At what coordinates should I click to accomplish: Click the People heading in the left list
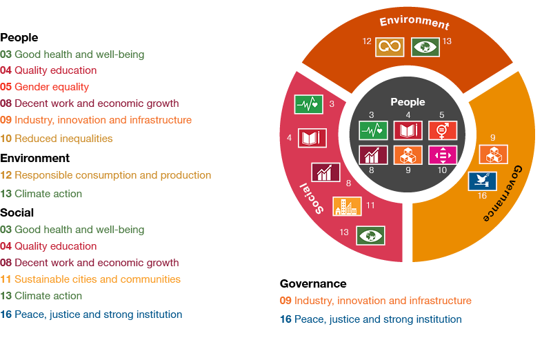coord(19,38)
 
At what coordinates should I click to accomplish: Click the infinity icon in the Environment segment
coord(390,47)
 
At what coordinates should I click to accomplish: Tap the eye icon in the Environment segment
coord(425,47)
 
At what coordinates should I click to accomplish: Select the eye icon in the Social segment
coord(370,236)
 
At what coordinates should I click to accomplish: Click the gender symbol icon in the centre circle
coord(443,130)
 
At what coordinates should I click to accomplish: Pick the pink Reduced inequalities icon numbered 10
coord(443,154)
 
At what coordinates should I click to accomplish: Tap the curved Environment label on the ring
coord(414,21)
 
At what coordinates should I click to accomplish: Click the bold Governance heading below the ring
coord(313,283)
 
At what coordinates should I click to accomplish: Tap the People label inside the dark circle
coord(408,102)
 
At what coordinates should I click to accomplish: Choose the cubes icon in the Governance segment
coord(493,154)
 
